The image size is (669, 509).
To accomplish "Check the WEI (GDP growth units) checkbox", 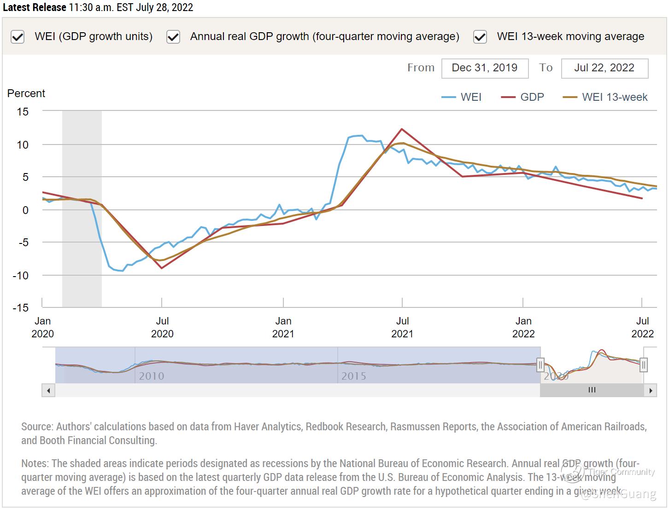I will click(18, 37).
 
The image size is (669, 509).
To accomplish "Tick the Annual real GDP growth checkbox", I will click(173, 37).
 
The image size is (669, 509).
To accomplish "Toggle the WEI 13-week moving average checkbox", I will click(480, 37).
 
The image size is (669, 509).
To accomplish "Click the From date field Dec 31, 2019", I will click(484, 68).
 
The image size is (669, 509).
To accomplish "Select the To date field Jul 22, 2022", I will click(604, 68).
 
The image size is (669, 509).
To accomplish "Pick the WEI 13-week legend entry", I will click(605, 97).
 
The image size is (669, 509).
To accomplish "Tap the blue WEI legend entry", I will click(462, 97).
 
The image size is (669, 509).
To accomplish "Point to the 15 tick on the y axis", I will click(23, 111).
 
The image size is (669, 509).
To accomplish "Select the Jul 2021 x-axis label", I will click(402, 327).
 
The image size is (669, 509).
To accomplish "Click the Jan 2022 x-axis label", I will click(523, 327).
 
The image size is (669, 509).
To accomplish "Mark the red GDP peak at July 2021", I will click(402, 129).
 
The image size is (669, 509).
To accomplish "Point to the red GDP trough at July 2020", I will click(161, 268).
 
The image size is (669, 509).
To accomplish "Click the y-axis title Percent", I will click(26, 93).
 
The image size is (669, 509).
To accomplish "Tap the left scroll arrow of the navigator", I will click(48, 390).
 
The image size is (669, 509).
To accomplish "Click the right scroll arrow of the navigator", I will click(650, 390).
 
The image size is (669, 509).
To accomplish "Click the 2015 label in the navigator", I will click(353, 376).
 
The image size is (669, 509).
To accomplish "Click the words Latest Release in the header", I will click(34, 8).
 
